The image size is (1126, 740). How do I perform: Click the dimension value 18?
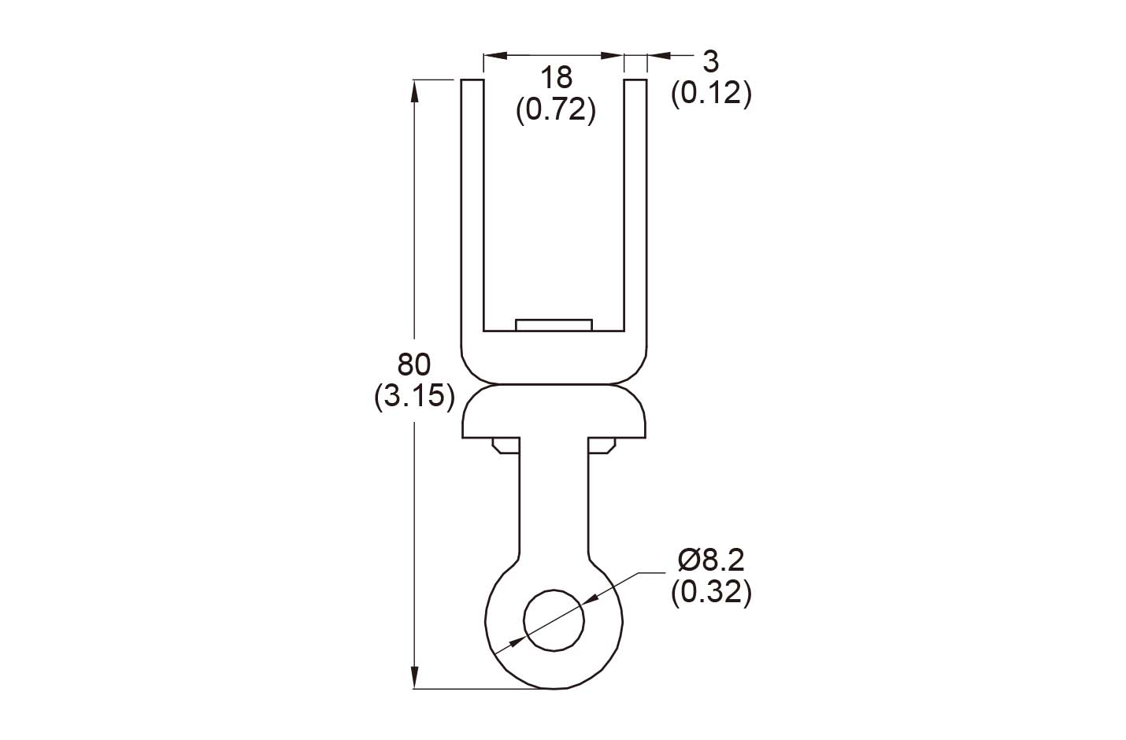(x=555, y=78)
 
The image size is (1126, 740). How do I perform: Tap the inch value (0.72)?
(x=555, y=109)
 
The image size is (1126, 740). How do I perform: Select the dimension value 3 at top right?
(x=710, y=61)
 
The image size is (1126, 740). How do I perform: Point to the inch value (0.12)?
(x=710, y=94)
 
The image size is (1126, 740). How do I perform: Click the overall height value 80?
(x=414, y=364)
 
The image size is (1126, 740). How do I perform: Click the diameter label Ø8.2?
(x=710, y=560)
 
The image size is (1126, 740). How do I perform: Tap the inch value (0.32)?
(x=710, y=592)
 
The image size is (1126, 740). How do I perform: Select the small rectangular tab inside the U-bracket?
(x=554, y=325)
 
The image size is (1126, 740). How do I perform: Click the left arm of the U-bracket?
(x=472, y=205)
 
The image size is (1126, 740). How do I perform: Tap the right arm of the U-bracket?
(x=635, y=205)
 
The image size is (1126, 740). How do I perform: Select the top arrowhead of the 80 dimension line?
(x=414, y=89)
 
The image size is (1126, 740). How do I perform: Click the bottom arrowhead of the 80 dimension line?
(x=414, y=679)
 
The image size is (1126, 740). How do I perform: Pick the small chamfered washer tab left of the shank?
(x=505, y=446)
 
